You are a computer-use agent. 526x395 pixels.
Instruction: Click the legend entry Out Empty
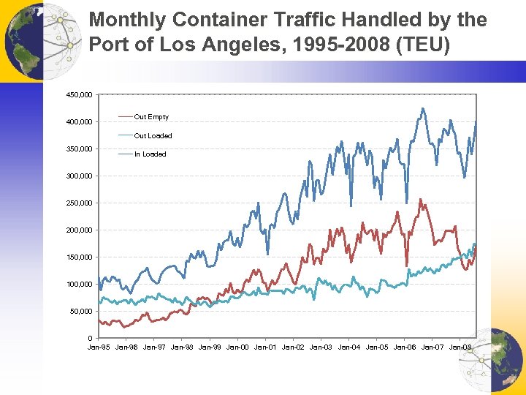[151, 117]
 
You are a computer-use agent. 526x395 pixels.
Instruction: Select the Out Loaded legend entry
[153, 136]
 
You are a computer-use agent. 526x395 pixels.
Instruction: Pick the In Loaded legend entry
[150, 154]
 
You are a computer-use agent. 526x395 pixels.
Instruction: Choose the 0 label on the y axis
[89, 339]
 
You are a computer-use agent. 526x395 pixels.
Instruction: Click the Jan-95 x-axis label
[99, 347]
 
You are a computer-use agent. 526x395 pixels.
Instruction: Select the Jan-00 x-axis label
[238, 347]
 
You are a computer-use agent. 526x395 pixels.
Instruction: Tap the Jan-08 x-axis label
[460, 347]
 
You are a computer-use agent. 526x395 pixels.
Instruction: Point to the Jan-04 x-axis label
[349, 347]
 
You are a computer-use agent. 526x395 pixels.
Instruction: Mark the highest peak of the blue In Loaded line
[422, 108]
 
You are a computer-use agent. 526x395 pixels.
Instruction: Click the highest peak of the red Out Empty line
[420, 199]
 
